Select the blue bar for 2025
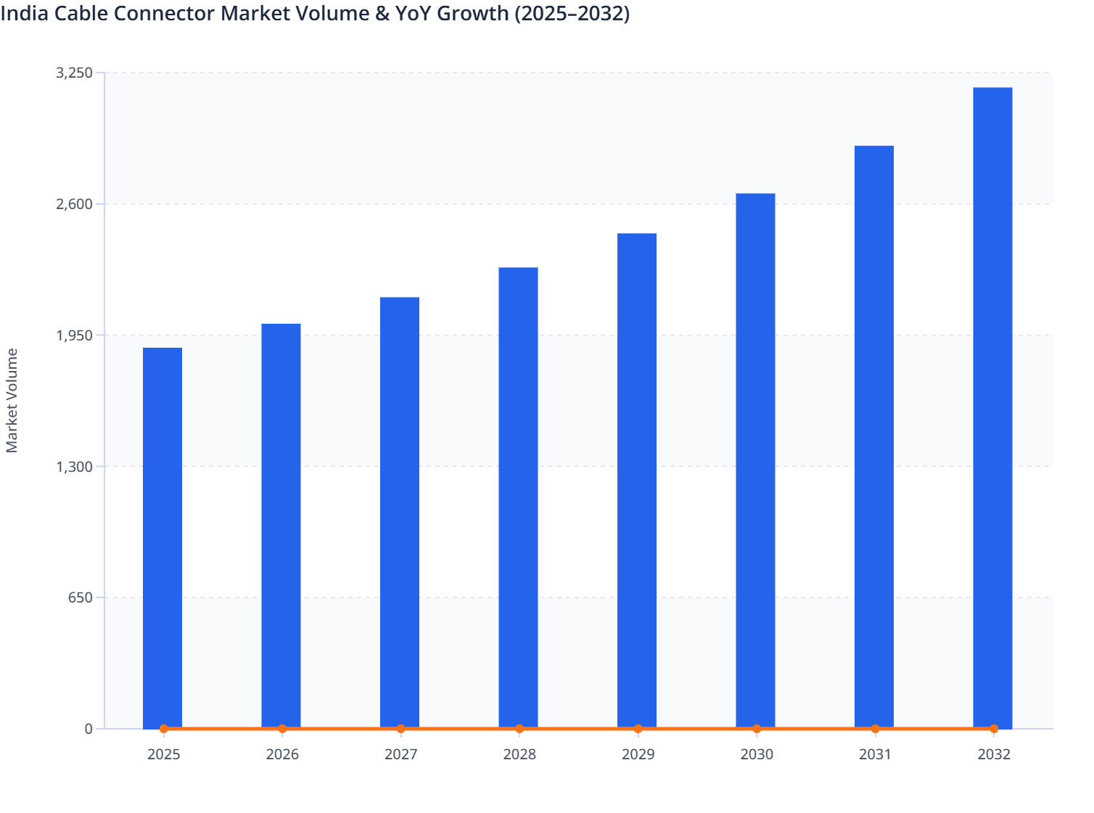[163, 537]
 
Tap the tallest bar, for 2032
[992, 406]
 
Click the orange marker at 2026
[282, 729]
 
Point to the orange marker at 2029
[638, 729]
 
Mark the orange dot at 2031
[875, 729]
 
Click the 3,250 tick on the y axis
[74, 73]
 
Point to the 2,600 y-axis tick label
[74, 204]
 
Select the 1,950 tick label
[74, 335]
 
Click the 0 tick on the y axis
[89, 729]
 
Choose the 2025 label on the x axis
[163, 754]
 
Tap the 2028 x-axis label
[519, 754]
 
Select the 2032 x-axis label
[994, 754]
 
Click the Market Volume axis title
[12, 401]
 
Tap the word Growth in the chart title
[472, 13]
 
